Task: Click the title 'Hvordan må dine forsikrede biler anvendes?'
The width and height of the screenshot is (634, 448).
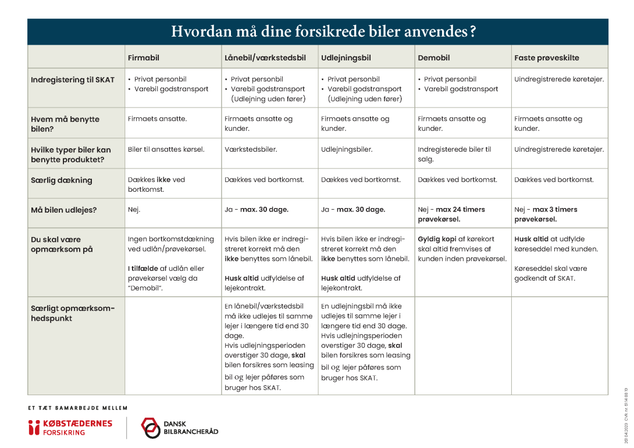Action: coord(323,31)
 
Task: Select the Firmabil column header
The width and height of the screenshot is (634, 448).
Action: coord(144,58)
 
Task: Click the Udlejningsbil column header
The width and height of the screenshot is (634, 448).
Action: coord(346,58)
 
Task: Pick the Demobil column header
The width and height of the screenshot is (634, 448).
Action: coord(434,58)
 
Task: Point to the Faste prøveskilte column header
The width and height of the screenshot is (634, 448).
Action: coord(547,58)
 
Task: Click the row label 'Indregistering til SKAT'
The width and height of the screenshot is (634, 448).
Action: coord(73,80)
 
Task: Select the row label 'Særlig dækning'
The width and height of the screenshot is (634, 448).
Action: coord(62,180)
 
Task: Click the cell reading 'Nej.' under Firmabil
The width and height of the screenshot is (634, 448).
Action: coord(134,210)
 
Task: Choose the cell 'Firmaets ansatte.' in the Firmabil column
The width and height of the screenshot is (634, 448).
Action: coord(158,119)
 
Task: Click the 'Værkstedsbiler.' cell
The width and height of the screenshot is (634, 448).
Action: coord(251,149)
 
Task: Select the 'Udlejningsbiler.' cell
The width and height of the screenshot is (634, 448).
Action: coord(347,149)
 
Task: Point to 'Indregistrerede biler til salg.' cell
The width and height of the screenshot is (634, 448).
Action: coord(454,154)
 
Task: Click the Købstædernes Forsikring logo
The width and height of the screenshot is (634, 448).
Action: coord(70,428)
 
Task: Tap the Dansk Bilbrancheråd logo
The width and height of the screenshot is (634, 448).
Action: coord(180,428)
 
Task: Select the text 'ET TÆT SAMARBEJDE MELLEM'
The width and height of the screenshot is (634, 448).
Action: coord(77,408)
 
